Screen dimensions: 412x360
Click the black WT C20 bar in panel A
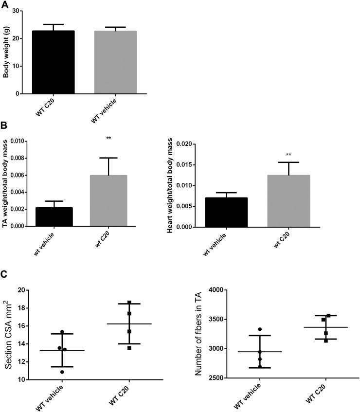[54, 62]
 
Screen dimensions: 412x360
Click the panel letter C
[4, 275]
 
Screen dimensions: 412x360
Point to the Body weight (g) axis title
[6, 52]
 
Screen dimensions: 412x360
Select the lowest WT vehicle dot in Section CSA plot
[61, 372]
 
